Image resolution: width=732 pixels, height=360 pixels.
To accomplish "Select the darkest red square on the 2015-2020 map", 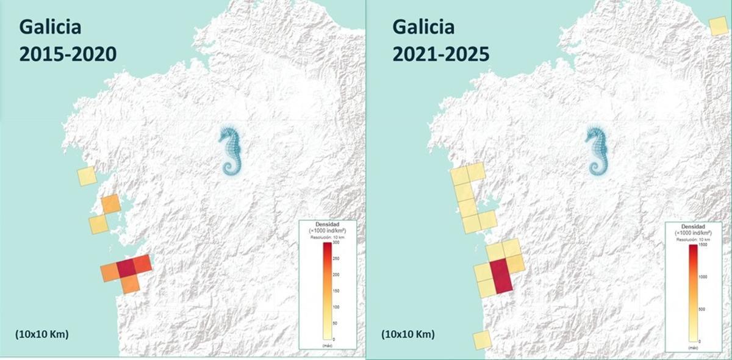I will coord(126,267).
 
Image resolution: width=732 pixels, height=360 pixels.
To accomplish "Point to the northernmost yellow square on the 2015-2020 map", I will coord(87,176).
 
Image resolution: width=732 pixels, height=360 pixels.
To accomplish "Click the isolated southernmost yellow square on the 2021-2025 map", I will coord(482,340).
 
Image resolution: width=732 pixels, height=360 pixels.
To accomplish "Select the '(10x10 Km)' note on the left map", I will coord(42,334).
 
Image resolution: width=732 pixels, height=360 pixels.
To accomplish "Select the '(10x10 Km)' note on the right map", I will coord(408,334).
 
